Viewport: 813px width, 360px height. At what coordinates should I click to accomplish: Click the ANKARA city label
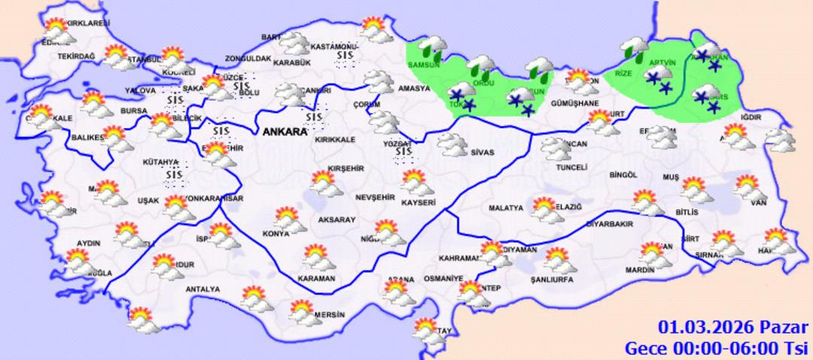point(285,132)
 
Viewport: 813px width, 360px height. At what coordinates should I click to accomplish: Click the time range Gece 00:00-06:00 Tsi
point(717,347)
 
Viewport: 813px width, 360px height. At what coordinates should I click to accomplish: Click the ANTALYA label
point(202,289)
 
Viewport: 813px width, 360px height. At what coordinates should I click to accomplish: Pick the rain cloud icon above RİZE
point(634,51)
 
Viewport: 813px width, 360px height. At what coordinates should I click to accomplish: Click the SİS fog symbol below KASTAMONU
point(346,58)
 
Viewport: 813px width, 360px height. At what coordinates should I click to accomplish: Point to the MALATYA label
point(505,208)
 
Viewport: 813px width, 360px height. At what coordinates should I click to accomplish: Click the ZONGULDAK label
point(248,59)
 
